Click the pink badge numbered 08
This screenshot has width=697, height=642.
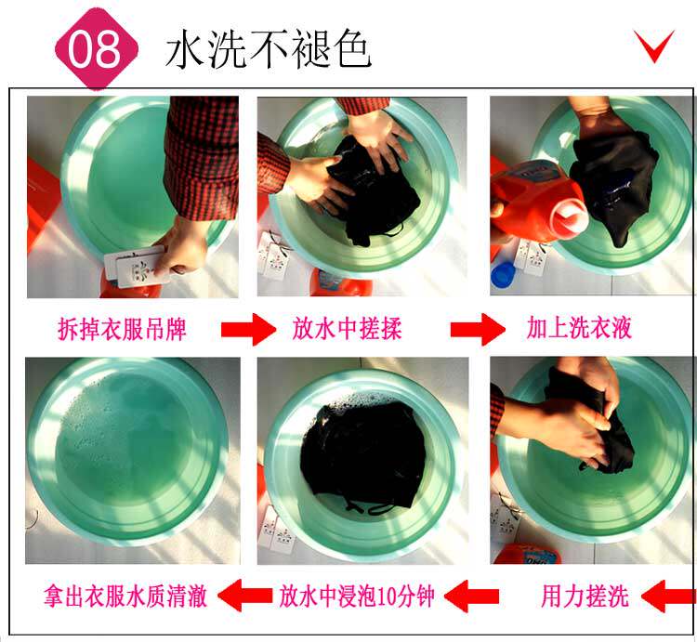pyautogui.click(x=97, y=48)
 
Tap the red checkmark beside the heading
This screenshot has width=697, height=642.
pyautogui.click(x=654, y=46)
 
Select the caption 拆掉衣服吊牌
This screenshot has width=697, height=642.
pyautogui.click(x=122, y=329)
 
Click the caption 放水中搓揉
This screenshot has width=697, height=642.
pyautogui.click(x=348, y=329)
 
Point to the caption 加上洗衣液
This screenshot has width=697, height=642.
pyautogui.click(x=579, y=328)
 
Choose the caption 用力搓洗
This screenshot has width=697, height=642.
pyautogui.click(x=585, y=596)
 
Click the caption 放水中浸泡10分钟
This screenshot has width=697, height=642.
pyautogui.click(x=357, y=596)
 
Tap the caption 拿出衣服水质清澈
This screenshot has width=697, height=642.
pyautogui.click(x=125, y=596)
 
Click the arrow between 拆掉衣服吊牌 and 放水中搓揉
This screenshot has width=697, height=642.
pyautogui.click(x=248, y=329)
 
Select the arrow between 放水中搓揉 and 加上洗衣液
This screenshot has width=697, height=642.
pyautogui.click(x=478, y=329)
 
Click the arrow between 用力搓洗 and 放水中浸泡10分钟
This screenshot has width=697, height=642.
pyautogui.click(x=471, y=596)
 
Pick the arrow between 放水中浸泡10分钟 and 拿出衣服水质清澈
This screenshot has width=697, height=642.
pyautogui.click(x=245, y=596)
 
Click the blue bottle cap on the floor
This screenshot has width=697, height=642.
pyautogui.click(x=503, y=275)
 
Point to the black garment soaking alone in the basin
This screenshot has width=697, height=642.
pyautogui.click(x=362, y=458)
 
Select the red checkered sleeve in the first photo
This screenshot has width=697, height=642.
pyautogui.click(x=202, y=158)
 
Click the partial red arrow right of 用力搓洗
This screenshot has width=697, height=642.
pyautogui.click(x=668, y=596)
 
